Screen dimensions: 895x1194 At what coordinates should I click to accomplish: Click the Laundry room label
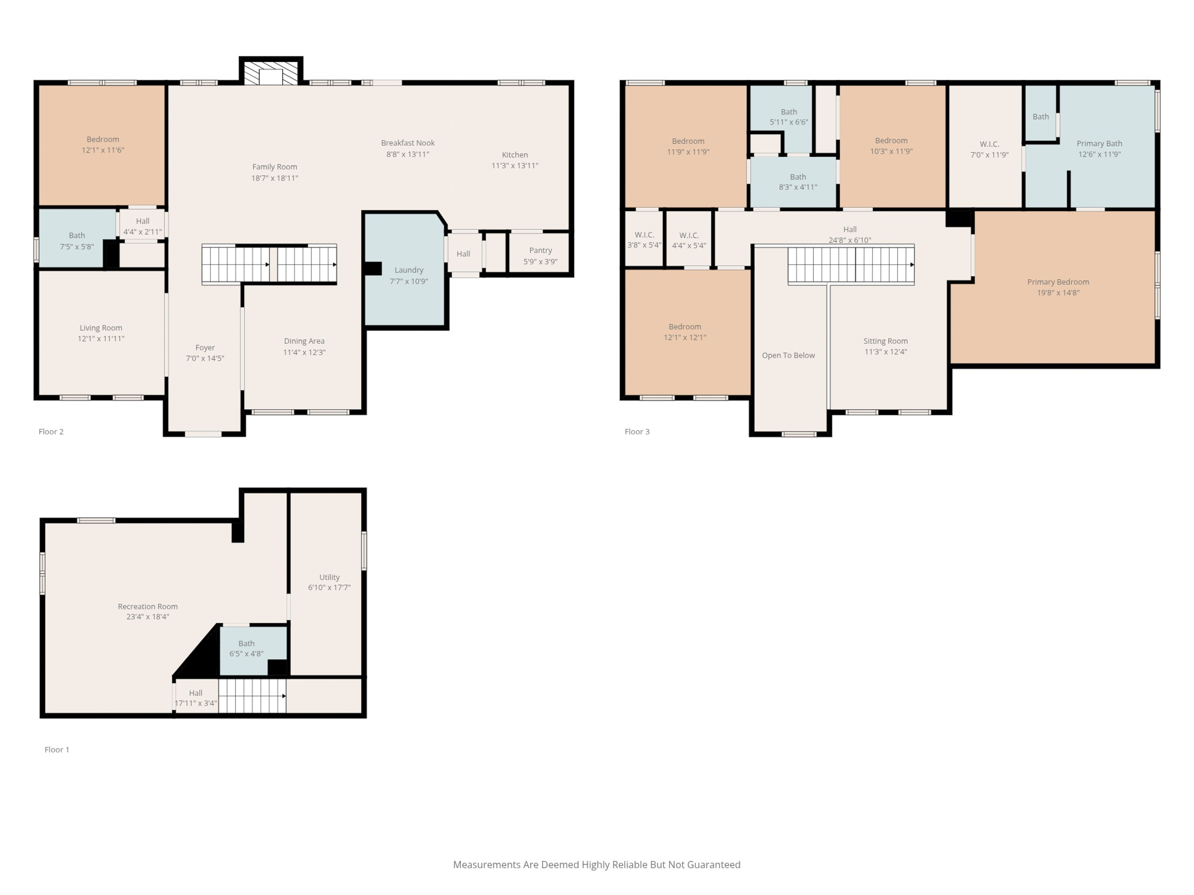pos(409,270)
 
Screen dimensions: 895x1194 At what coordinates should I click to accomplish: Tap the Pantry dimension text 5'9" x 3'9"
pos(540,262)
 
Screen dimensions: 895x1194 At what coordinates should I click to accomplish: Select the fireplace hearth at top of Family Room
pos(270,74)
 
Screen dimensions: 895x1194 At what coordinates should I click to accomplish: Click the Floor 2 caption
pos(51,432)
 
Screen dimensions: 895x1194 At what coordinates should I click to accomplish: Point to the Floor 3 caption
pos(637,432)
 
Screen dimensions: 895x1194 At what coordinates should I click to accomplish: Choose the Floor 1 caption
pos(57,749)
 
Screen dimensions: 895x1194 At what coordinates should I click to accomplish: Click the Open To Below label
pos(788,355)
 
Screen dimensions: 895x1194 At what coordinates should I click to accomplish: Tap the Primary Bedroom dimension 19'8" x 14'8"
pos(1058,293)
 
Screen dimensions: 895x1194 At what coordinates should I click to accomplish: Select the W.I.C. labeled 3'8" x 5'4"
pos(644,240)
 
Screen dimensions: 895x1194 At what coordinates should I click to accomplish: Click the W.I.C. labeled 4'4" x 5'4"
pos(689,241)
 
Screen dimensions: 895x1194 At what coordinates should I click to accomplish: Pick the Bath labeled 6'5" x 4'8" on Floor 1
pos(246,648)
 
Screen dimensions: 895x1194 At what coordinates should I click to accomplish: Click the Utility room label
pos(329,577)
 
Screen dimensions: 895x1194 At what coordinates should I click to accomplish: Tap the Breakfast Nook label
pos(407,143)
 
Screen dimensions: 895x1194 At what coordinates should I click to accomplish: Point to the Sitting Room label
pos(885,341)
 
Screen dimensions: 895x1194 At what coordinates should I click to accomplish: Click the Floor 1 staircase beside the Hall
pos(252,696)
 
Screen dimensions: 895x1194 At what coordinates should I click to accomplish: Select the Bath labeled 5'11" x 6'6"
pos(789,117)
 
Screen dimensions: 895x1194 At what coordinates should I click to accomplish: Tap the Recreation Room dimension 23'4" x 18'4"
pos(148,617)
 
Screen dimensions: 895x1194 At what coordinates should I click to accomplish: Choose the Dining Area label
pos(304,341)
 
